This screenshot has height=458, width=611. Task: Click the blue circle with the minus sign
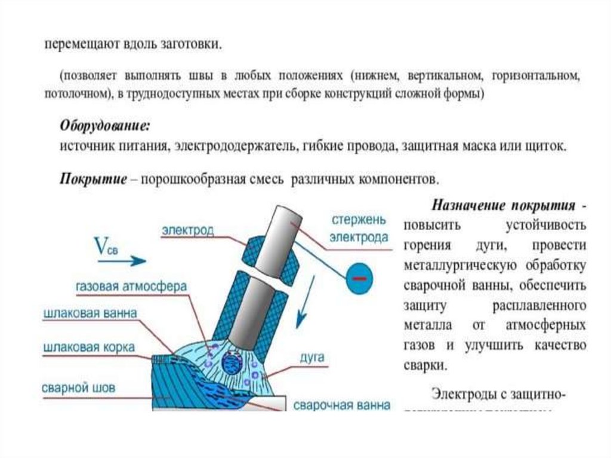358,278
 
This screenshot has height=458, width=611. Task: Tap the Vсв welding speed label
107,246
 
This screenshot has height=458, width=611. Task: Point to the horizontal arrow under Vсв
129,260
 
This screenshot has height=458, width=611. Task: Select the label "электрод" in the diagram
187,230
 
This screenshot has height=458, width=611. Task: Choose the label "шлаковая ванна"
90,313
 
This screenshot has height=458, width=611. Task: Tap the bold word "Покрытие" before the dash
93,179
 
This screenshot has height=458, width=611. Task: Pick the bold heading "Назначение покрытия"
504,205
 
